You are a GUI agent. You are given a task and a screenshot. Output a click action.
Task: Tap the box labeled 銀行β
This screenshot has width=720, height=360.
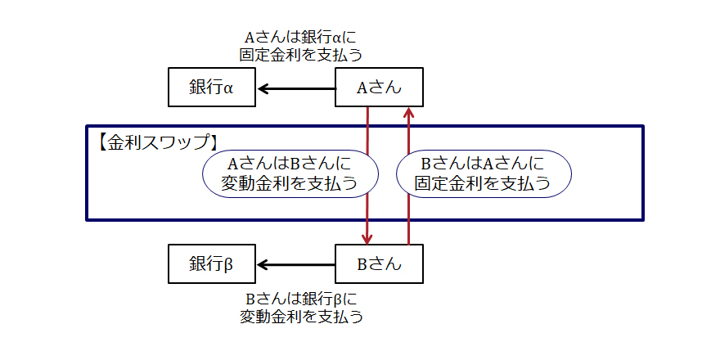212,264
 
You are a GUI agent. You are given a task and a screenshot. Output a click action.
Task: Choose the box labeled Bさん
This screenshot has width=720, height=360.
380,264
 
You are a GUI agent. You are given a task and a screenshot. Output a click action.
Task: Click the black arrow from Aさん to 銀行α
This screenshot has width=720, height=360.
296,88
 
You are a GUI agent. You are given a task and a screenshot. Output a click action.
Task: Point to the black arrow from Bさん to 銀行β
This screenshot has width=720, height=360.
296,264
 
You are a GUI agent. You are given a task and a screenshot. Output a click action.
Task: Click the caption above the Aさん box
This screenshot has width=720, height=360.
301,46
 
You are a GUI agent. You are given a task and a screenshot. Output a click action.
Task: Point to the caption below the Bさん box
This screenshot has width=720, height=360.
301,306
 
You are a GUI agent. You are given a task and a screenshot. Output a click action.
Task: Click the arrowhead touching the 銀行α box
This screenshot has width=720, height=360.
262,88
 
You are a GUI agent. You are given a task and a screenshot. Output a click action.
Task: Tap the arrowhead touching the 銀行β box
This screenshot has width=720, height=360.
262,264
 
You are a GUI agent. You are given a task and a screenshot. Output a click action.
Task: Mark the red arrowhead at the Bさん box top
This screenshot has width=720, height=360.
367,238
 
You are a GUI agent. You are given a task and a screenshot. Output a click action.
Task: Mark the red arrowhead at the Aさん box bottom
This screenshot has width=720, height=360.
409,113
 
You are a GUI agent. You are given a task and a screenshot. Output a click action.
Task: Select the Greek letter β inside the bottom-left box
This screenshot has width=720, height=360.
228,264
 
